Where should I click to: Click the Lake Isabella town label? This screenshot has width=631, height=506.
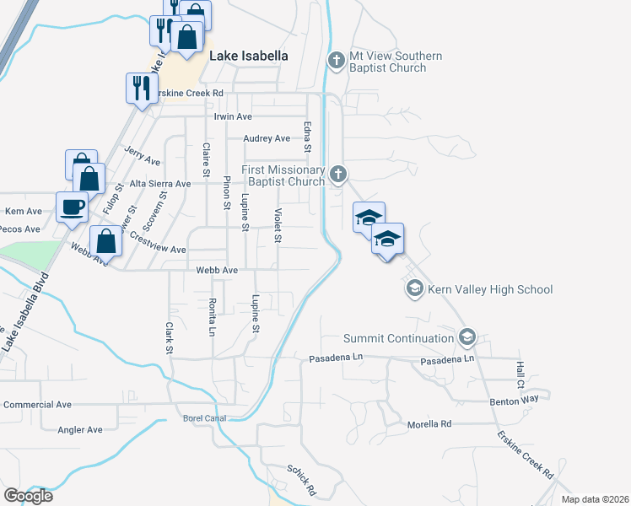coord(248,56)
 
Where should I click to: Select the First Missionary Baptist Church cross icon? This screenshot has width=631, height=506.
coord(338,175)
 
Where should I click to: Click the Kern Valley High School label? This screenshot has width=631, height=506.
coord(489,290)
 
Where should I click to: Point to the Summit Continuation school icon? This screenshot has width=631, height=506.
coord(467,339)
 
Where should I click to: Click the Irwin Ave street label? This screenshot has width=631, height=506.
coord(234,116)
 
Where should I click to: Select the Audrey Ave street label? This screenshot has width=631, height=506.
coord(266,138)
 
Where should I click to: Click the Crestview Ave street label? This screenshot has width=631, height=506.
coord(157,250)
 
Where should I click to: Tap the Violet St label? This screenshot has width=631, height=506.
coord(277,226)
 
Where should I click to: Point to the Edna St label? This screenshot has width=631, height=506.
coord(308,137)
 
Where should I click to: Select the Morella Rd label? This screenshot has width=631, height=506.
coord(429,424)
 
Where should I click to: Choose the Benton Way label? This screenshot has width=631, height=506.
coord(514,402)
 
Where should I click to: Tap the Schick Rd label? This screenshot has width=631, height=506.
coord(301,480)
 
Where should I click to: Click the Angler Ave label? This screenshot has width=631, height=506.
coord(80,430)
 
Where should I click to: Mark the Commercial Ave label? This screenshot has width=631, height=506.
coord(38,405)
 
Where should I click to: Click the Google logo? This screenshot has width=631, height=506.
coord(28,496)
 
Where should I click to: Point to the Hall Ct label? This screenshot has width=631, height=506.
coord(520,370)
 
